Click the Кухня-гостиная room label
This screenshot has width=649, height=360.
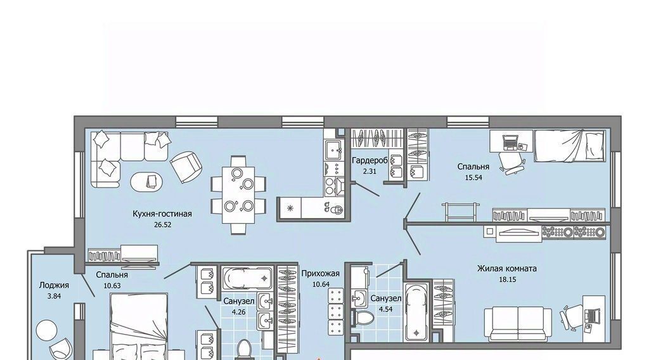[162, 214]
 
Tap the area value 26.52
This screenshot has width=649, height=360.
[162, 225]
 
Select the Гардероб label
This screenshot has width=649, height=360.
[369, 160]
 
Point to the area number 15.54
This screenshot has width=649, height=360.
[473, 177]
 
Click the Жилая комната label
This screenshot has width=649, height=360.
[507, 268]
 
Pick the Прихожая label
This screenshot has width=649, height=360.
[320, 274]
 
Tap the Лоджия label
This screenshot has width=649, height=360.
[55, 285]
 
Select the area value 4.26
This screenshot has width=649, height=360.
[239, 312]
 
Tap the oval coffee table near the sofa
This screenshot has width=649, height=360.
[146, 181]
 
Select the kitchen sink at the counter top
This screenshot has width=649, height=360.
[333, 150]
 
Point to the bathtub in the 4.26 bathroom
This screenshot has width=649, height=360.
[247, 278]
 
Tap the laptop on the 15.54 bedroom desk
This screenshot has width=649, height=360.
[511, 143]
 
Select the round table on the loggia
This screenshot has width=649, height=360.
[46, 331]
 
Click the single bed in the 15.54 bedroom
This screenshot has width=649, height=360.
[570, 146]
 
